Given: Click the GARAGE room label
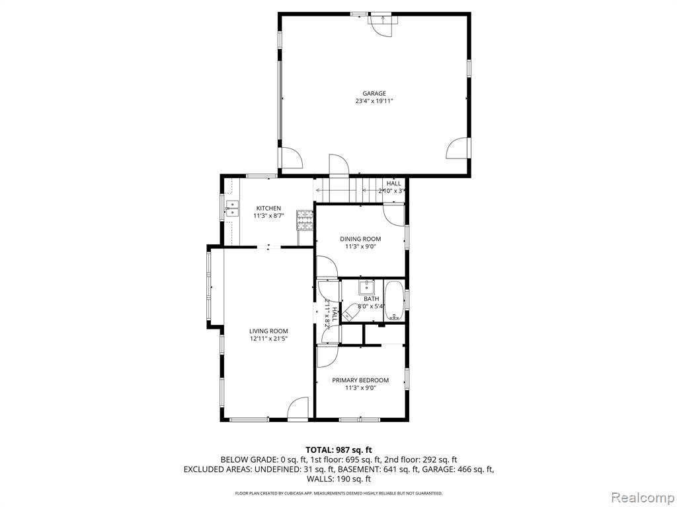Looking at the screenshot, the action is pyautogui.click(x=374, y=94).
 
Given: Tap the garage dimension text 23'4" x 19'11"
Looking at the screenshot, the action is pyautogui.click(x=374, y=101).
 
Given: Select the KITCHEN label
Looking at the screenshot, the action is pyautogui.click(x=268, y=208).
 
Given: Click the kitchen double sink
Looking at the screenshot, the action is pyautogui.click(x=232, y=208).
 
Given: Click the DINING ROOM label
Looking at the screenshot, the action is pyautogui.click(x=360, y=239).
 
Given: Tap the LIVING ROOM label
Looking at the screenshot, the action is pyautogui.click(x=268, y=331).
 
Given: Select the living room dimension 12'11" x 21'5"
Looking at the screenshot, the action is pyautogui.click(x=268, y=339).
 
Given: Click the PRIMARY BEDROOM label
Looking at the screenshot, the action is pyautogui.click(x=360, y=380).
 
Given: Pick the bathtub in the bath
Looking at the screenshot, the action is pyautogui.click(x=394, y=300).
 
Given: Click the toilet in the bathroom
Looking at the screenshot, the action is pyautogui.click(x=350, y=312).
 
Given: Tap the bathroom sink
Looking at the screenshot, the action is pyautogui.click(x=367, y=287).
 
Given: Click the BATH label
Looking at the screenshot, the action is pyautogui.click(x=372, y=299).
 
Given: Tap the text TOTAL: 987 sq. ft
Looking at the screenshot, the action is pyautogui.click(x=339, y=450).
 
